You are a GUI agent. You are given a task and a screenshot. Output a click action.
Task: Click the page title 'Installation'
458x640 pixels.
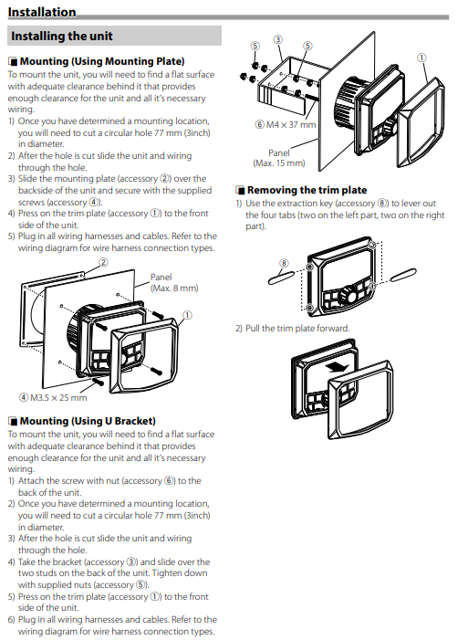click(42, 12)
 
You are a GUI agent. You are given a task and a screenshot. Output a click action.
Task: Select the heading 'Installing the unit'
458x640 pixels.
click(61, 36)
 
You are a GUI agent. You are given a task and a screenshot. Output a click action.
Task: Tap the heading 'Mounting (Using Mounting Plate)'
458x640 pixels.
click(102, 61)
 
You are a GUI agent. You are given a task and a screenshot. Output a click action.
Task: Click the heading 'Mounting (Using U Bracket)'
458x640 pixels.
click(88, 421)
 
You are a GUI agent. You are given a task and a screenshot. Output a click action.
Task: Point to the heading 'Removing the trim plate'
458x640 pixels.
click(307, 190)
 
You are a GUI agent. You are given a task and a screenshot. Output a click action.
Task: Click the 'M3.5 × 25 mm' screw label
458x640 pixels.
click(53, 397)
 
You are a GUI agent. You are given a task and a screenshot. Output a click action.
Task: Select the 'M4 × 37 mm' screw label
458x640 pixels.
click(286, 124)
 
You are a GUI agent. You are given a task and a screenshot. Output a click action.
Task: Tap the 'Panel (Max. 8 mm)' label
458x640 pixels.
click(174, 282)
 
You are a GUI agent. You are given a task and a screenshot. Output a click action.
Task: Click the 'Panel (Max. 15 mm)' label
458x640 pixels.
click(279, 158)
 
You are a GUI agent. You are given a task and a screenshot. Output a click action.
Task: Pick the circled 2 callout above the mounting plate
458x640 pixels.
click(104, 262)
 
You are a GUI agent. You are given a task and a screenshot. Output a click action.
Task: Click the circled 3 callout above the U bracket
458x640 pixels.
click(277, 39)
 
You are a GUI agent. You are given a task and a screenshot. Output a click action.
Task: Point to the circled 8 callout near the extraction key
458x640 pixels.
click(284, 263)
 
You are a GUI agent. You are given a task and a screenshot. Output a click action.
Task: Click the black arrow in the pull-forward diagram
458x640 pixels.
click(338, 367)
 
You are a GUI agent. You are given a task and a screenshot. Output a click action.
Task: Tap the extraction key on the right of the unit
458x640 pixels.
click(403, 275)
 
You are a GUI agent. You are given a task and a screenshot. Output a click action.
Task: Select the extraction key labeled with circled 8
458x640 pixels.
click(281, 278)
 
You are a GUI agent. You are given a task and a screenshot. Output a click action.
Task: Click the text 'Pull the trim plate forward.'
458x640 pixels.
click(297, 328)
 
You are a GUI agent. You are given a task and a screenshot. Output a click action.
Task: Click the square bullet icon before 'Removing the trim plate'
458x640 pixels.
click(240, 190)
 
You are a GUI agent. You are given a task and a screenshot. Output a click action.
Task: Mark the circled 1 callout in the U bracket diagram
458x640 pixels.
click(422, 58)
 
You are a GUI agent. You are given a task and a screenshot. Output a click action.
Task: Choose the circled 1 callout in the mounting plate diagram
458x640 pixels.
click(187, 315)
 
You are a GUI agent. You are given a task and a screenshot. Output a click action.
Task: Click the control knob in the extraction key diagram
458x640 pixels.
click(348, 293)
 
